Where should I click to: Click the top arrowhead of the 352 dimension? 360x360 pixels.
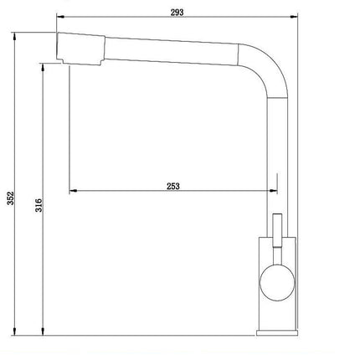pyautogui.click(x=18, y=35)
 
